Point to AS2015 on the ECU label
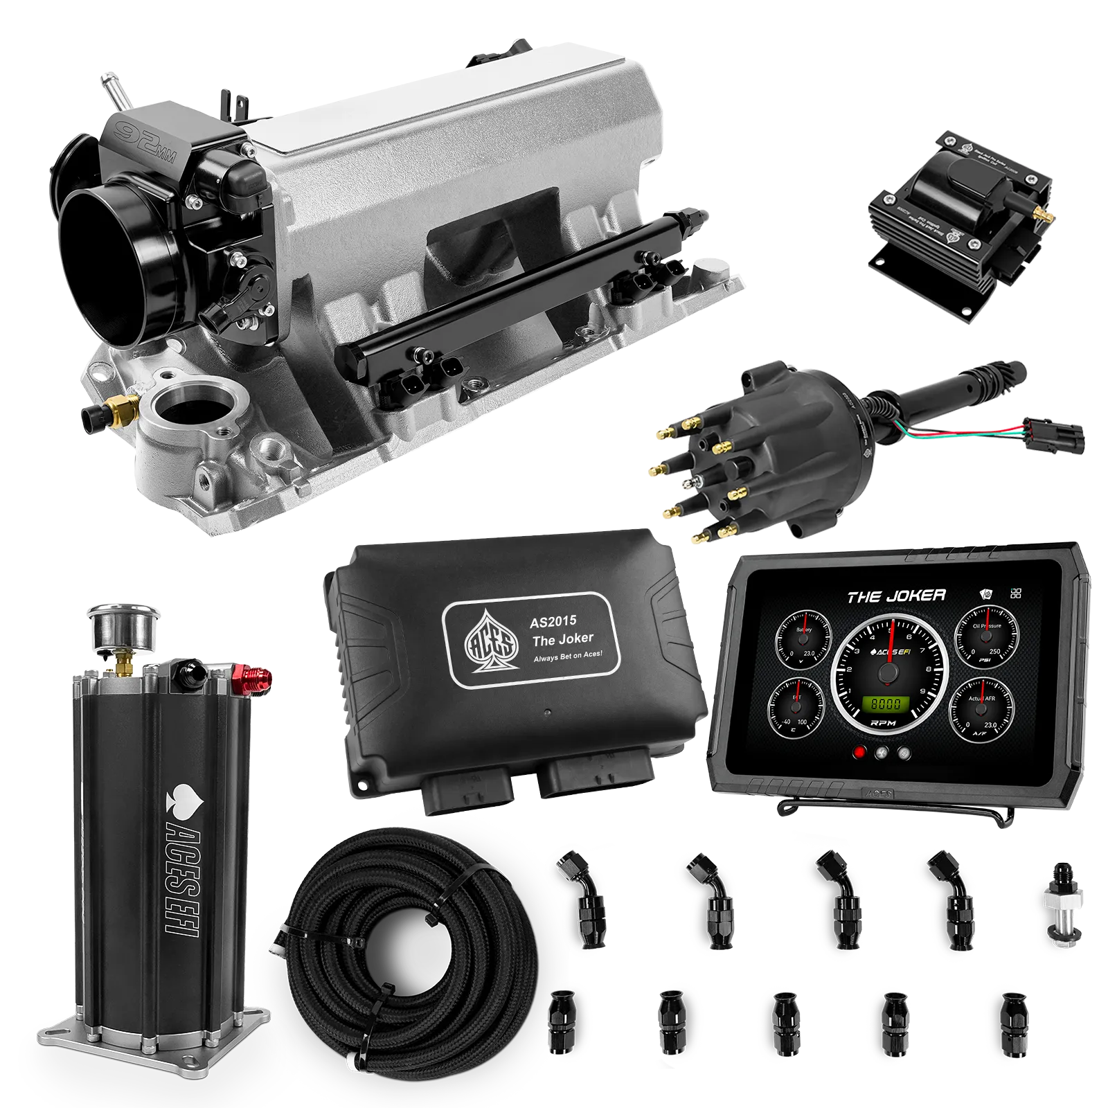coord(553,621)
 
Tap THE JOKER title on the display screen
coord(896,596)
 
